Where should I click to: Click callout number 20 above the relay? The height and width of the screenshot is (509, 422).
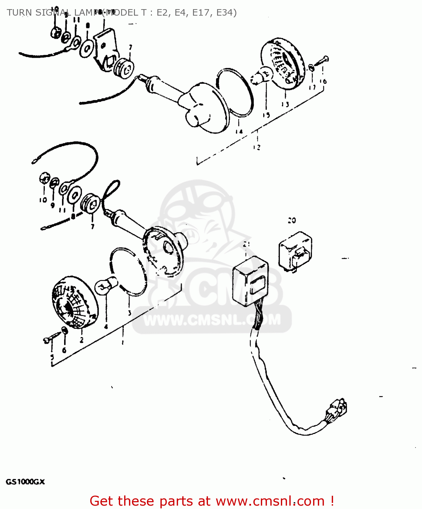291,221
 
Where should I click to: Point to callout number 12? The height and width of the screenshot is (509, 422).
256,147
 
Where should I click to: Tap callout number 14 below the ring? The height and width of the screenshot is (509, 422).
239,132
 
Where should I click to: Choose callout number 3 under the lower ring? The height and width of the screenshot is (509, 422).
130,313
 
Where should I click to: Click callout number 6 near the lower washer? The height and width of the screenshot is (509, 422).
64,350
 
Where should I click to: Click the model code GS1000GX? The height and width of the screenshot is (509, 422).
25,482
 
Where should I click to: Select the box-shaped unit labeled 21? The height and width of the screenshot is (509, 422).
250,279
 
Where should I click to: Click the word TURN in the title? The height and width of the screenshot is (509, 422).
19,13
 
